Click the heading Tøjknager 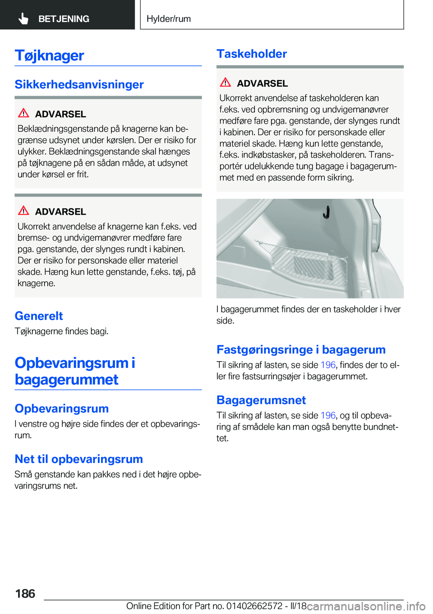(x=50, y=55)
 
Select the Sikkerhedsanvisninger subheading (x=79, y=84)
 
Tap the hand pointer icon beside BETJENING (x=23, y=18)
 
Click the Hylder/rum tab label (x=169, y=19)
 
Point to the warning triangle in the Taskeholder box (x=226, y=82)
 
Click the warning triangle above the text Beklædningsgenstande (x=23, y=113)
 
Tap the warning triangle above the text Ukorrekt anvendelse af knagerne (x=23, y=211)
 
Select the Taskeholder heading (x=252, y=54)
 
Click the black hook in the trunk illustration (x=326, y=211)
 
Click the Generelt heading (x=39, y=316)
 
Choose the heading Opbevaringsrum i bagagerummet (x=75, y=371)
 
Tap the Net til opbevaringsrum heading (x=79, y=459)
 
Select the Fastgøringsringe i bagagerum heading (x=301, y=349)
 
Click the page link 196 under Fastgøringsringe (x=328, y=365)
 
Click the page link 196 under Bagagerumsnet (x=328, y=415)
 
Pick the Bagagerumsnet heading (x=261, y=400)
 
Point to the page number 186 (x=25, y=593)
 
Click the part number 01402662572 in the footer (x=254, y=606)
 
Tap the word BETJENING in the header (x=64, y=19)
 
